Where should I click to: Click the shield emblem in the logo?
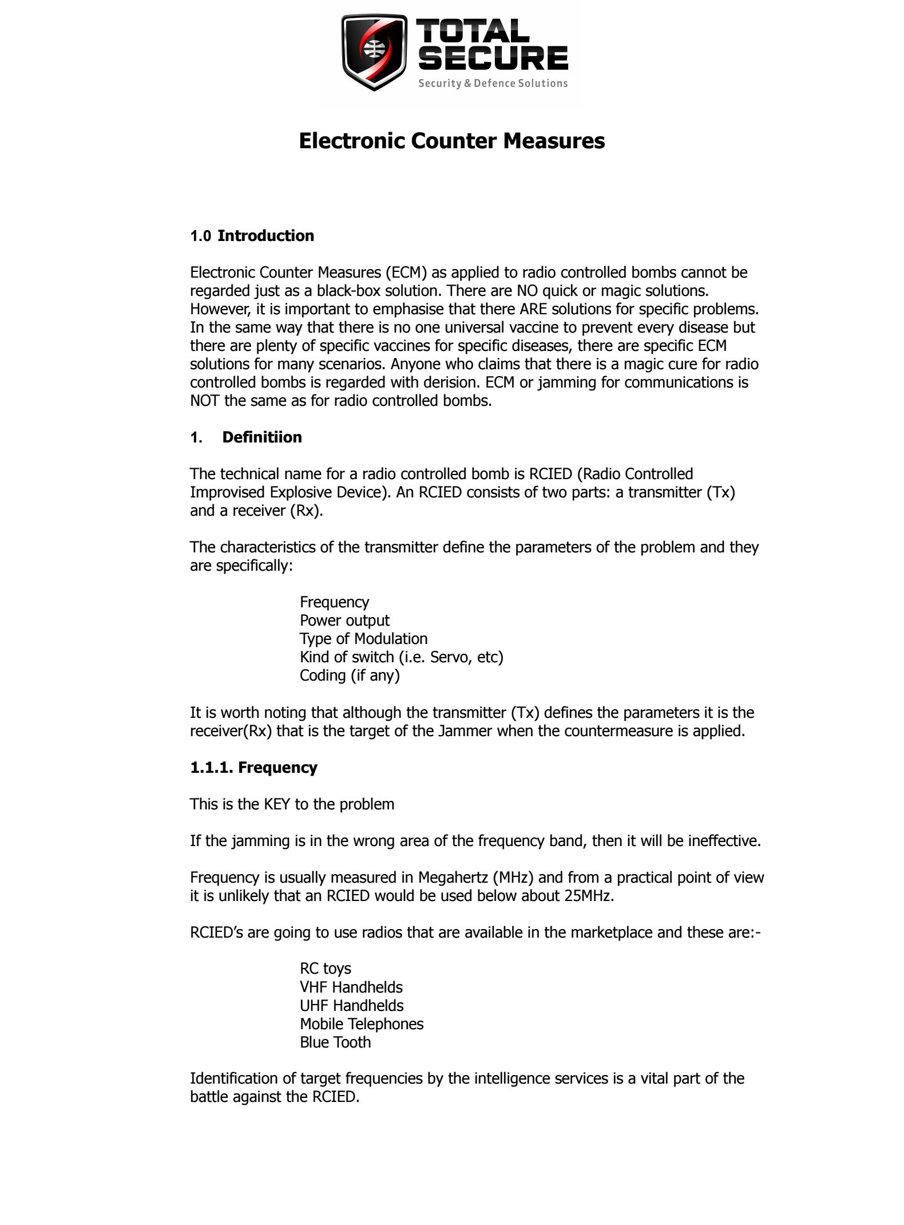point(375,52)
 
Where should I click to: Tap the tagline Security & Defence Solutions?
point(493,84)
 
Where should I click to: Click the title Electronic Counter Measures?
point(451,141)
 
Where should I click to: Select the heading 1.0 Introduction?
point(252,236)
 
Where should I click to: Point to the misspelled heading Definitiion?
point(262,437)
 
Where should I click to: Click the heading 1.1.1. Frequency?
point(253,768)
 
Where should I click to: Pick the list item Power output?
point(344,621)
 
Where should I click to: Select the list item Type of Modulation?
point(363,639)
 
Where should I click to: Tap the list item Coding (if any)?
point(350,675)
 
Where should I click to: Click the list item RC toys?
point(325,969)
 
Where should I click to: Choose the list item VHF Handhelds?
point(351,987)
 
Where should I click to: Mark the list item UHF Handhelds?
point(351,1006)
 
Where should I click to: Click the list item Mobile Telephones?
point(362,1024)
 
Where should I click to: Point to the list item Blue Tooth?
point(335,1042)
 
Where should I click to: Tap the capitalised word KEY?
point(277,804)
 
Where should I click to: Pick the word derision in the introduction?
point(450,382)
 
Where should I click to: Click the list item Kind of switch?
point(401,657)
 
